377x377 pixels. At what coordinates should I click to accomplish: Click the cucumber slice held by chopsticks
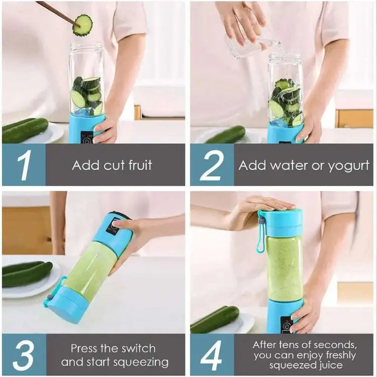[x=82, y=25]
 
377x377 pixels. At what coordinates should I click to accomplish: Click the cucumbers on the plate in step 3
[x=26, y=273]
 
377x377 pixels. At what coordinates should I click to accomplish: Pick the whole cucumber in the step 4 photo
[x=215, y=320]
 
